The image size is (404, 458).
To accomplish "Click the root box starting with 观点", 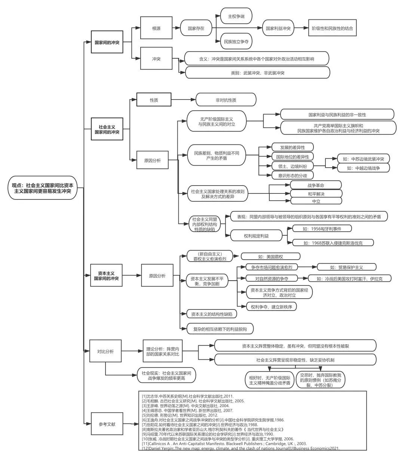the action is [x=43, y=188].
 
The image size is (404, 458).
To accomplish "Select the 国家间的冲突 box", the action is [x=107, y=42].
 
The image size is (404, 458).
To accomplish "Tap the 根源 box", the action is [x=156, y=28].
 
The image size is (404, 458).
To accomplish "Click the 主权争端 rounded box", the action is [x=236, y=16].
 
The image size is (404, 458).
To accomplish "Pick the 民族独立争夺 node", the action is [x=236, y=42].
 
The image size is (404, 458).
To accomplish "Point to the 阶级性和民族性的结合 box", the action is [x=332, y=28].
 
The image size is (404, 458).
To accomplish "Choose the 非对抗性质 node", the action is [x=226, y=100].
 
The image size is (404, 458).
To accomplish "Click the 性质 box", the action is [x=154, y=100].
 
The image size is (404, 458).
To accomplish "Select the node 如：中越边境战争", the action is [x=363, y=168].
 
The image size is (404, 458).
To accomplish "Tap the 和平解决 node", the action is [x=316, y=194].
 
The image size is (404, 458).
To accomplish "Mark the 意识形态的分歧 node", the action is [x=293, y=175].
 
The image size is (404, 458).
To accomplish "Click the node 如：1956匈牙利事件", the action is [x=322, y=229].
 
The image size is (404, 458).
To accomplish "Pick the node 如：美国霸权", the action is [x=270, y=257].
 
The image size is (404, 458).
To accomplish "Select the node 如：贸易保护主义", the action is [x=346, y=267].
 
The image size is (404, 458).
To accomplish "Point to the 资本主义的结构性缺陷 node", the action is [x=212, y=314].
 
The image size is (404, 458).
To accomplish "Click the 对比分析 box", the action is [x=105, y=351].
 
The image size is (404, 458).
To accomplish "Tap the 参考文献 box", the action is [x=107, y=424].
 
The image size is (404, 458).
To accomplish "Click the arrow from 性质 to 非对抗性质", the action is [x=183, y=100].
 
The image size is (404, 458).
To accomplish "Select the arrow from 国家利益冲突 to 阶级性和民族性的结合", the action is [x=302, y=28].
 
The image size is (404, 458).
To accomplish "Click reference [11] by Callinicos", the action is [x=224, y=443].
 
